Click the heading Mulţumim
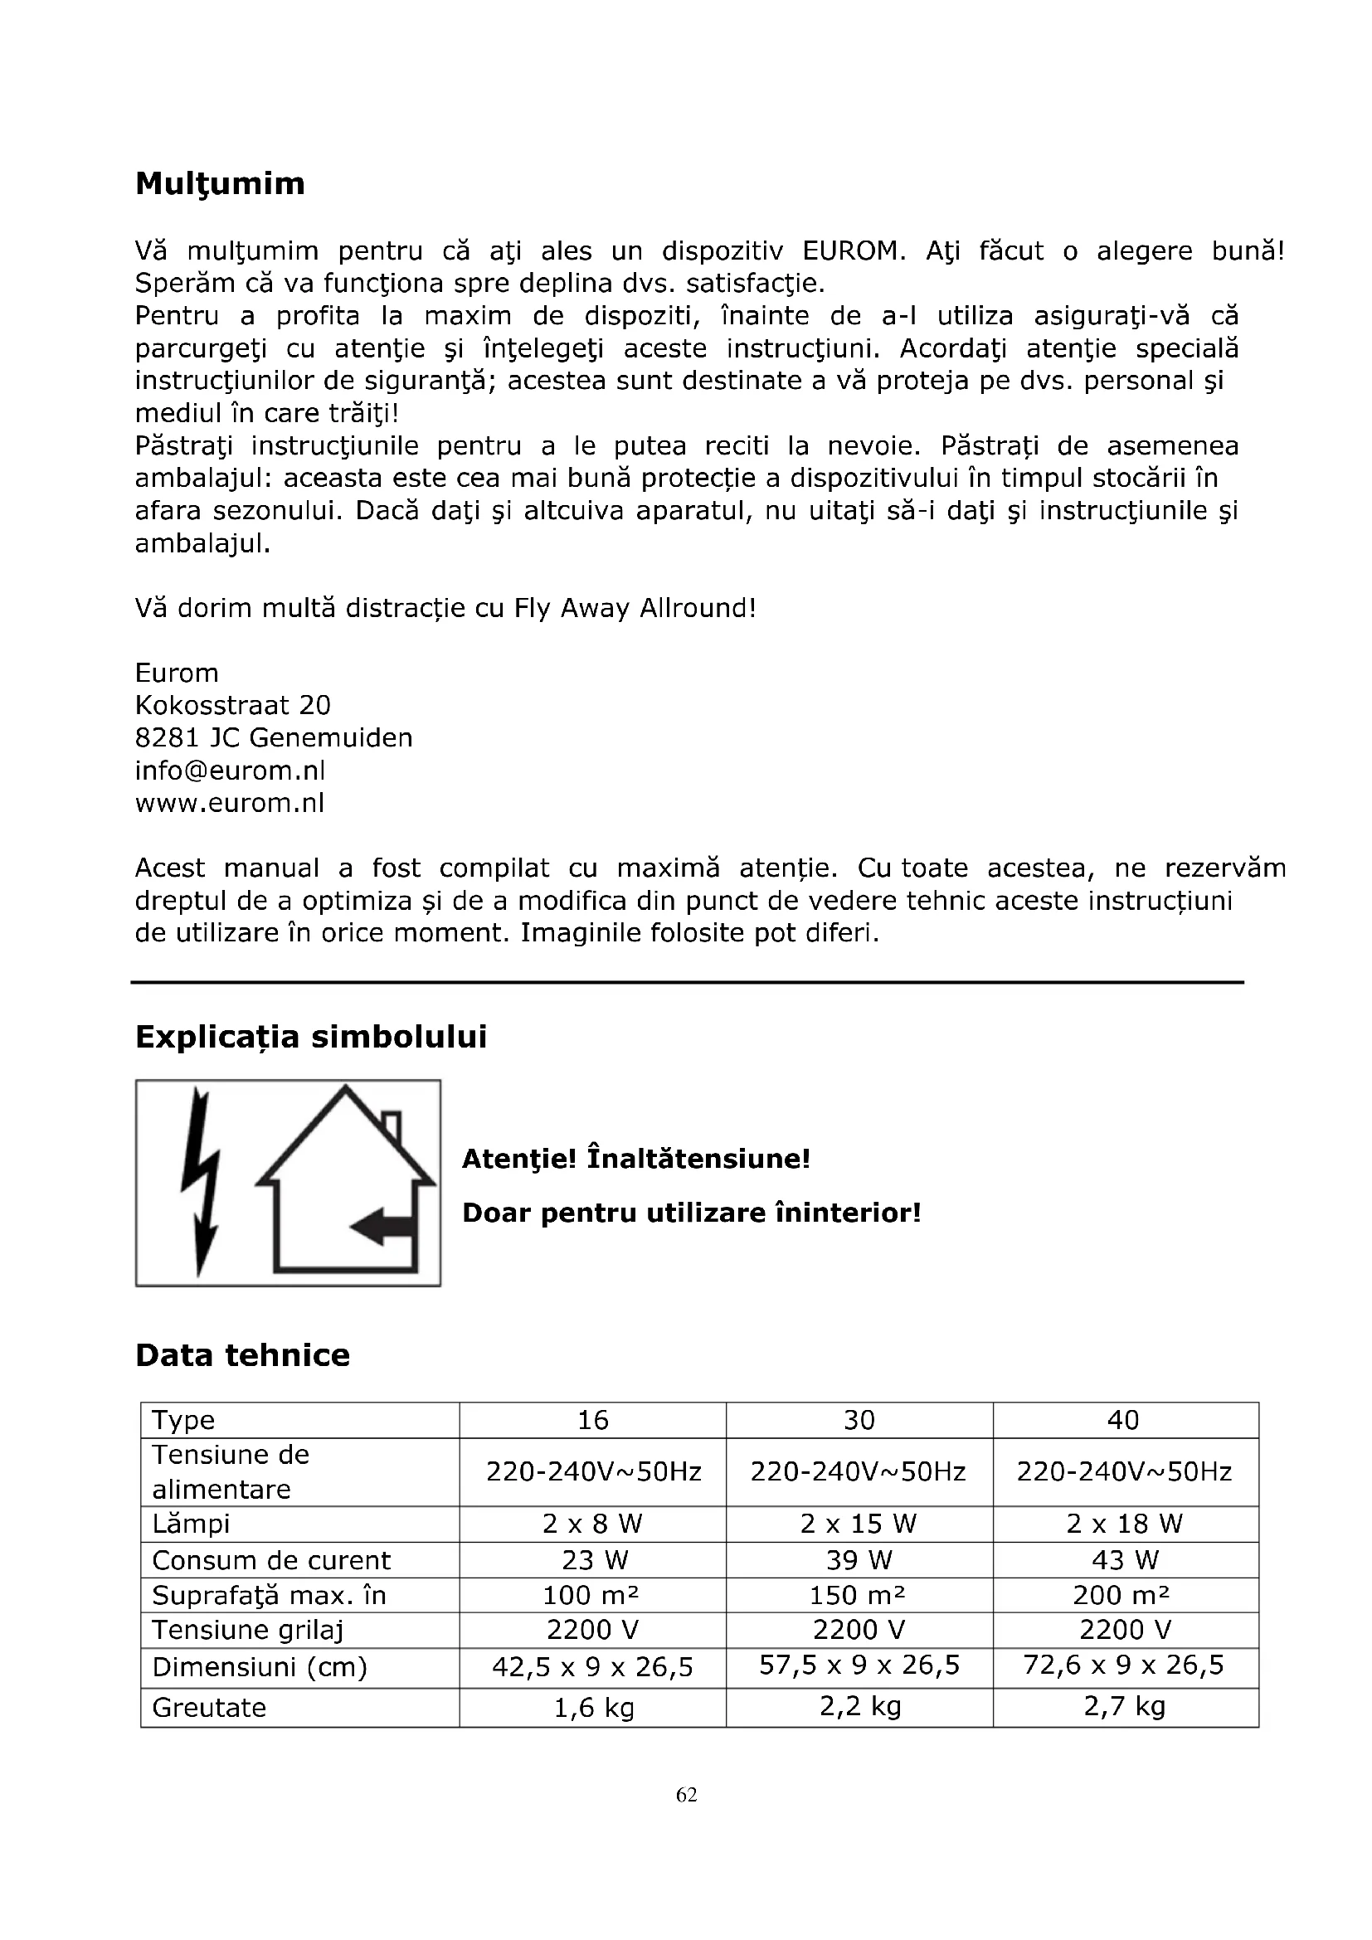point(220,183)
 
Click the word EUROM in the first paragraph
point(849,251)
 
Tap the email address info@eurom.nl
point(230,771)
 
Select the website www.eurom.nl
point(230,803)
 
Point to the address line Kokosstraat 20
point(232,706)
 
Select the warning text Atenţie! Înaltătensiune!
point(635,1159)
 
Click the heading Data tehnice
point(242,1355)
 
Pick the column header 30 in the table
point(859,1420)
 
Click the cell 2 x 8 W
point(592,1524)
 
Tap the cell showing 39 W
point(859,1560)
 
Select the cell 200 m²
point(1123,1595)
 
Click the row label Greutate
point(209,1707)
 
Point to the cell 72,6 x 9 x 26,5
point(1123,1665)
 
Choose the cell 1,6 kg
point(592,1708)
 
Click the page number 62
point(686,1795)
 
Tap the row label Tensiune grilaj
point(247,1630)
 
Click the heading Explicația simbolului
point(311,1037)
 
